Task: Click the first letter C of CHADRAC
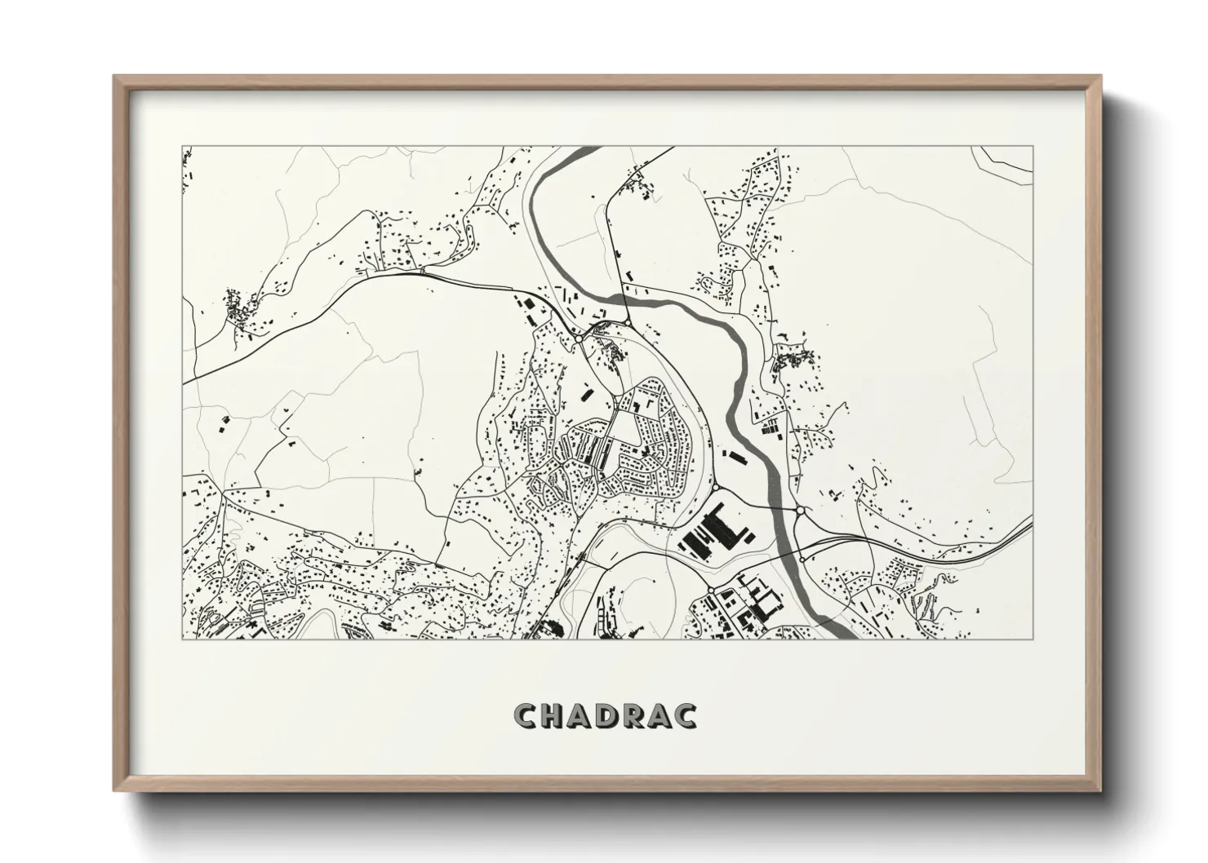pyautogui.click(x=526, y=716)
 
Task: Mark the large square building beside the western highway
pyautogui.click(x=526, y=303)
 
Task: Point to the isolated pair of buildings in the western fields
pyautogui.click(x=223, y=423)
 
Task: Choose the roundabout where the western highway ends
pyautogui.click(x=578, y=338)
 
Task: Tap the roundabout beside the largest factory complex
pyautogui.click(x=715, y=488)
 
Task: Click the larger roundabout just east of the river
pyautogui.click(x=801, y=511)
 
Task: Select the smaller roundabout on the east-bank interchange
pyautogui.click(x=802, y=559)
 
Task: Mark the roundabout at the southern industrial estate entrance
pyautogui.click(x=711, y=589)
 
